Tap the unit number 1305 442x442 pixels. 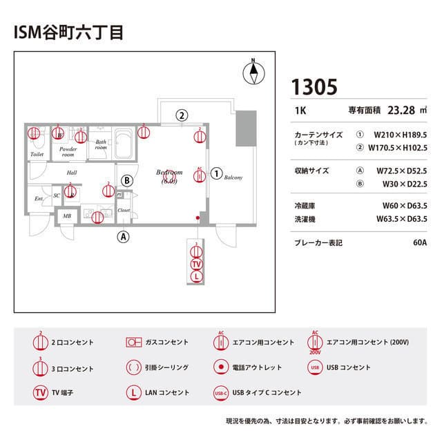[314, 87]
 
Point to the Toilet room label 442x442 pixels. [37, 155]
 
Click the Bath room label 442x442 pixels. [101, 144]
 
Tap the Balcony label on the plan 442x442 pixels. [233, 177]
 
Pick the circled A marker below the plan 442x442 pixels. [124, 236]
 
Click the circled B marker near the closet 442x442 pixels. [127, 180]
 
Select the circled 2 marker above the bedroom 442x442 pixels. [182, 115]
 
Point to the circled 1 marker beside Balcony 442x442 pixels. [216, 173]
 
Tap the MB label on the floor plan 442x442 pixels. [67, 216]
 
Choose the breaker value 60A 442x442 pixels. [419, 243]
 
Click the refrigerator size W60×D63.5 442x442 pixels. [405, 206]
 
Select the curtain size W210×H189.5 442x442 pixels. [401, 135]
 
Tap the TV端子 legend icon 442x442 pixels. [41, 392]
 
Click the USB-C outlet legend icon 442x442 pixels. [221, 392]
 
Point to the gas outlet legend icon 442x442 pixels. [133, 342]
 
